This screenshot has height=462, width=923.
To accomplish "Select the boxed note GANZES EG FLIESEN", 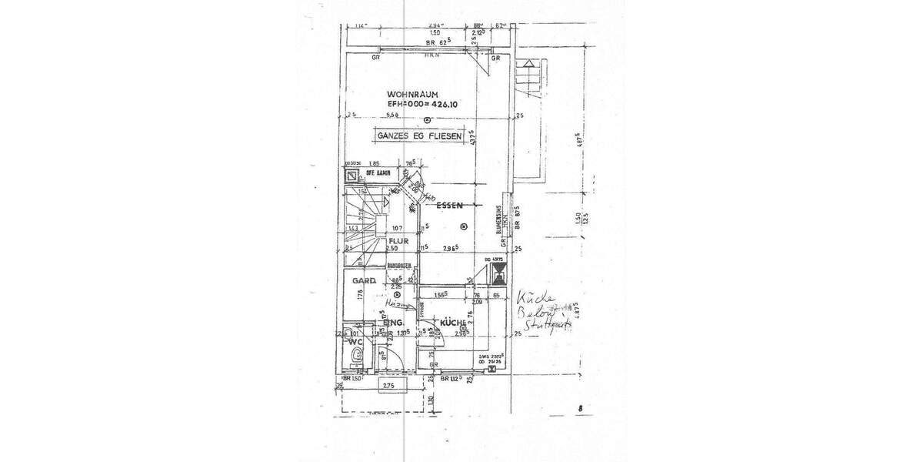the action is [x=419, y=136].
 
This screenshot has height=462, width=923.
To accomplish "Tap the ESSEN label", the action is [x=448, y=206].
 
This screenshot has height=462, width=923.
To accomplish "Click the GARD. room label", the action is [x=364, y=281].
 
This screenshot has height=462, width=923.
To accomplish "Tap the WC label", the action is [x=356, y=340].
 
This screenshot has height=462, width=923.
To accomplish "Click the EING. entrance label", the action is [x=395, y=322].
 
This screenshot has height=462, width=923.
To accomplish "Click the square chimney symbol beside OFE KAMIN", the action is [x=352, y=175].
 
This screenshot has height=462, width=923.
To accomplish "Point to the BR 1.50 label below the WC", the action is [x=352, y=379].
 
